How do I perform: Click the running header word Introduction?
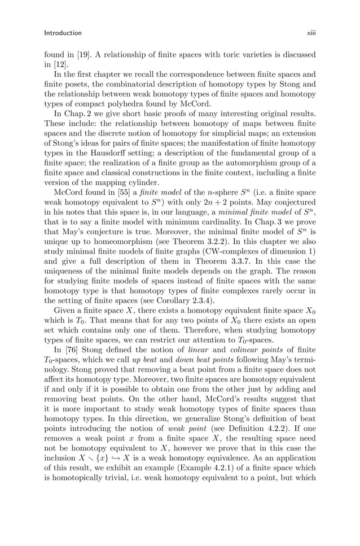pos(63,33)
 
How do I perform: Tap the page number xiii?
pos(311,33)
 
